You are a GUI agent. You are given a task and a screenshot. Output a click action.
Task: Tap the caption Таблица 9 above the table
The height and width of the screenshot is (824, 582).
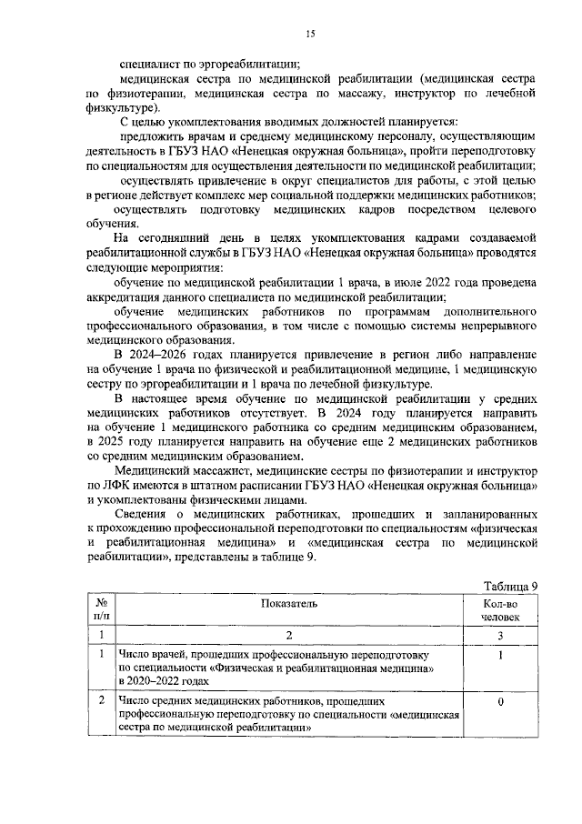click(x=511, y=585)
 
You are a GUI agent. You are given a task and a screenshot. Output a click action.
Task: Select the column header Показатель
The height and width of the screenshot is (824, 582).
click(x=288, y=603)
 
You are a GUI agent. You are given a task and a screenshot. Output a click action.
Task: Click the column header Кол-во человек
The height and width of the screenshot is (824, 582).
click(x=501, y=609)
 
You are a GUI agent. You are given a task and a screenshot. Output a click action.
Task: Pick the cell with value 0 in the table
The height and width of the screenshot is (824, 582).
click(x=501, y=701)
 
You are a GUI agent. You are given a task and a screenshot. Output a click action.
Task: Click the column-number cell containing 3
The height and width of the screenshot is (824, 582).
click(x=501, y=635)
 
